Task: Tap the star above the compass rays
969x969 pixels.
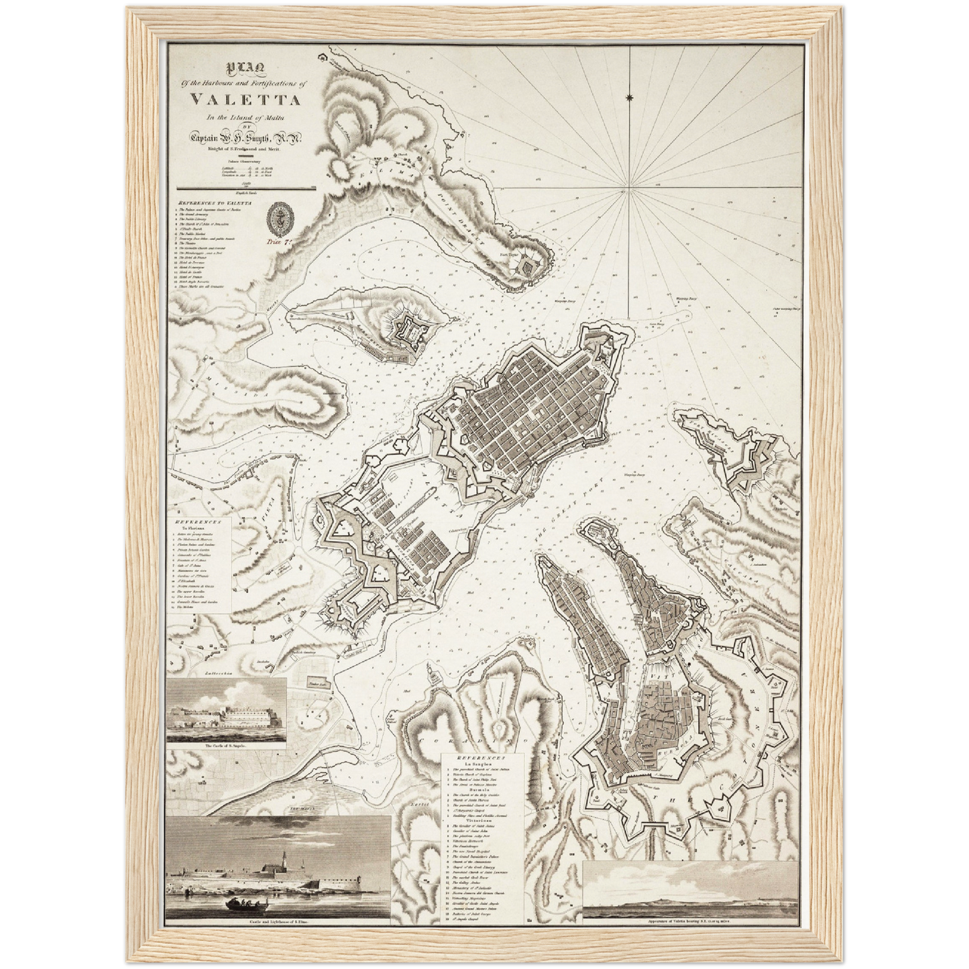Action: [x=629, y=99]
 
